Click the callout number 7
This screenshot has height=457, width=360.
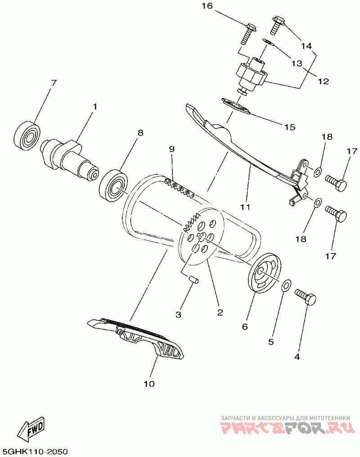[x=54, y=83]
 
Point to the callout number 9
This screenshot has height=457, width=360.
[x=171, y=149]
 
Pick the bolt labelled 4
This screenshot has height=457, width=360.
[x=306, y=298]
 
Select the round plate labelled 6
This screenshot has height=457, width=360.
[x=265, y=275]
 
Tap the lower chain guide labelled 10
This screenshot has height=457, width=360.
[x=139, y=340]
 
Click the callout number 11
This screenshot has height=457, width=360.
[x=244, y=208]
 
